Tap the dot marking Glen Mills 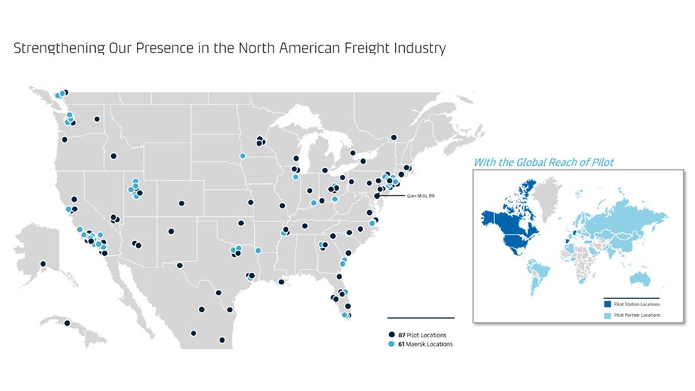click(x=377, y=196)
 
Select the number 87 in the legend click(x=401, y=335)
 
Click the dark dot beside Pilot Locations click(x=391, y=335)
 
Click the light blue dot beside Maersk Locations click(x=391, y=344)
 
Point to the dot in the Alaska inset click(x=43, y=264)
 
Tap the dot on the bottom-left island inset click(x=67, y=323)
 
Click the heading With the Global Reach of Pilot click(x=544, y=162)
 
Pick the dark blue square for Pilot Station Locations click(x=608, y=305)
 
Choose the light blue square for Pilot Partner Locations click(x=608, y=315)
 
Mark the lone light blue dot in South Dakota click(x=243, y=156)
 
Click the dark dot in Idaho click(x=113, y=156)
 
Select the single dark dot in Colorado click(x=181, y=204)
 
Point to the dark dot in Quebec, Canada click(x=394, y=137)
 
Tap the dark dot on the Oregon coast click(x=65, y=140)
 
